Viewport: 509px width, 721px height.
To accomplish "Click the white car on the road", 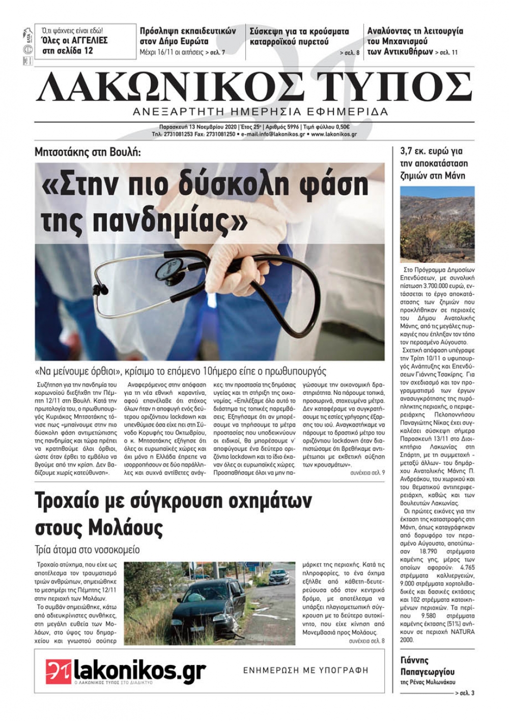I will (279, 576).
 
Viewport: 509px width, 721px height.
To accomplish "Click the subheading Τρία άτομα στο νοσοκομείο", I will (87, 550).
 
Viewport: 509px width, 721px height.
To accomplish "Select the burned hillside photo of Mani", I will (437, 224).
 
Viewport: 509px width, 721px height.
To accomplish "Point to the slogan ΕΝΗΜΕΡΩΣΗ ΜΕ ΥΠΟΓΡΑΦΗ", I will (305, 671).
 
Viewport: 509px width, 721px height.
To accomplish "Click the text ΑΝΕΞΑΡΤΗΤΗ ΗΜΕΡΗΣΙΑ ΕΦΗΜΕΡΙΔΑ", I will (260, 112).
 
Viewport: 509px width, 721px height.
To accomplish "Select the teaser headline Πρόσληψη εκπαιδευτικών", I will (188, 31).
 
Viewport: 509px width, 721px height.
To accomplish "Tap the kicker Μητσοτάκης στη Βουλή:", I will (88, 152).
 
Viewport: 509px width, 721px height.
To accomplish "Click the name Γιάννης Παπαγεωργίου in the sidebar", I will (427, 666).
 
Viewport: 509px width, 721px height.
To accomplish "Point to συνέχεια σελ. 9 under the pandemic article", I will (367, 473).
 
